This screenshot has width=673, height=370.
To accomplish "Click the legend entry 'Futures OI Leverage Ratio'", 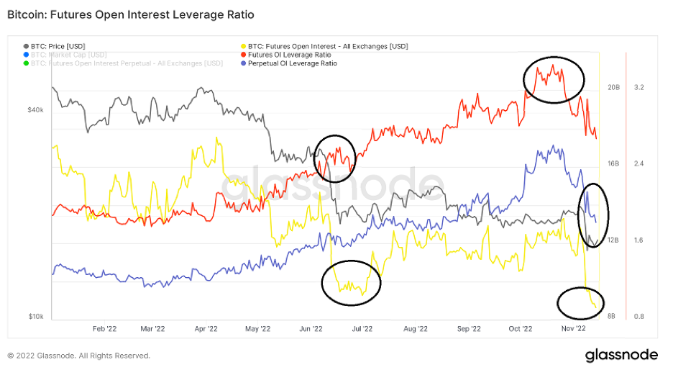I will tap(289, 55).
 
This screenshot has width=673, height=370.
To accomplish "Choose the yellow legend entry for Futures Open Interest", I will tap(327, 46).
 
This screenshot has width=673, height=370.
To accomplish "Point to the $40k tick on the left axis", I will tap(36, 110).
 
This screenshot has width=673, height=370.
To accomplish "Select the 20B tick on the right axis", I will tap(613, 88).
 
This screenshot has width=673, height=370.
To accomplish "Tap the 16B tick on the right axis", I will tap(613, 164).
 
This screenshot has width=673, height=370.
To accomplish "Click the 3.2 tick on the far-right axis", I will tap(638, 88).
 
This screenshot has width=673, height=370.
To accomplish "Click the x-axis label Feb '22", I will tap(105, 329).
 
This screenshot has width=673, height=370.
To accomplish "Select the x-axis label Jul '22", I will tap(362, 329).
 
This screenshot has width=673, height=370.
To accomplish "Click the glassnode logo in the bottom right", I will tap(621, 355).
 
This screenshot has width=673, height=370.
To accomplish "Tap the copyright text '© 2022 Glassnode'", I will tap(79, 356).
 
